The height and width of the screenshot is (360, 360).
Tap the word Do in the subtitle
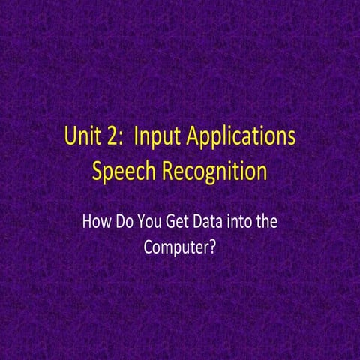point(130,223)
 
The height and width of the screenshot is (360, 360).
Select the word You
point(157,223)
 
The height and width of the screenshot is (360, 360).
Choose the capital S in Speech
point(97,172)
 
